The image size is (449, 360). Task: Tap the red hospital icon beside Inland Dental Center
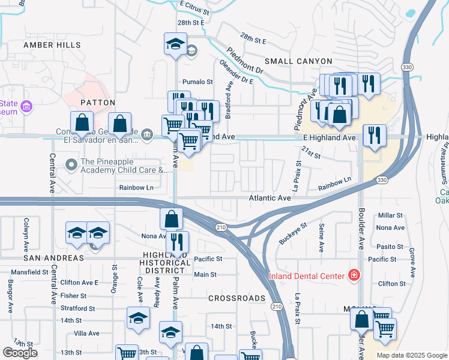354,275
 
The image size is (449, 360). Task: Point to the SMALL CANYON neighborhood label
298,61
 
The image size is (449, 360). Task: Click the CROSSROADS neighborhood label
237,298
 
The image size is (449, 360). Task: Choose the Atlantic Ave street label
270,198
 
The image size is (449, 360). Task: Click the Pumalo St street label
198,82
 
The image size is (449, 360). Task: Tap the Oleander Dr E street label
236,70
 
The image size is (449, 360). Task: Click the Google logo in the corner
20,353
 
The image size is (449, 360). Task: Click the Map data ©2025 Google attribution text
412,355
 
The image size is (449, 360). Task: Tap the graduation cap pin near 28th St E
175,45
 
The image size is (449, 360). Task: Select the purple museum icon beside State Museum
26,107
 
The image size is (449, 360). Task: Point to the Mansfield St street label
29,272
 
